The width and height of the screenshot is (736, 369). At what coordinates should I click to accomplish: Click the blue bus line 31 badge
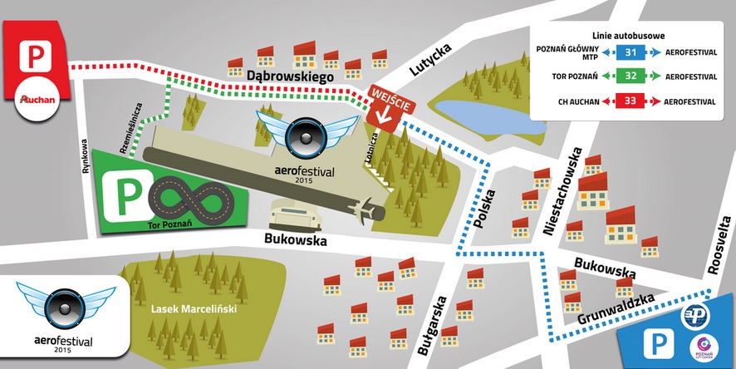click(631, 52)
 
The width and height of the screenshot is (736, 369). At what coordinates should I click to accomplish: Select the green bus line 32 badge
click(631, 76)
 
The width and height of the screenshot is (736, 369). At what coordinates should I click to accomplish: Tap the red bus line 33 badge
click(631, 101)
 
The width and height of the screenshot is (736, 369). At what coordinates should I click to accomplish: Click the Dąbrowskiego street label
click(290, 76)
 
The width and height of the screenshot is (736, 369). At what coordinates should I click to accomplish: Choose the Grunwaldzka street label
click(616, 312)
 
